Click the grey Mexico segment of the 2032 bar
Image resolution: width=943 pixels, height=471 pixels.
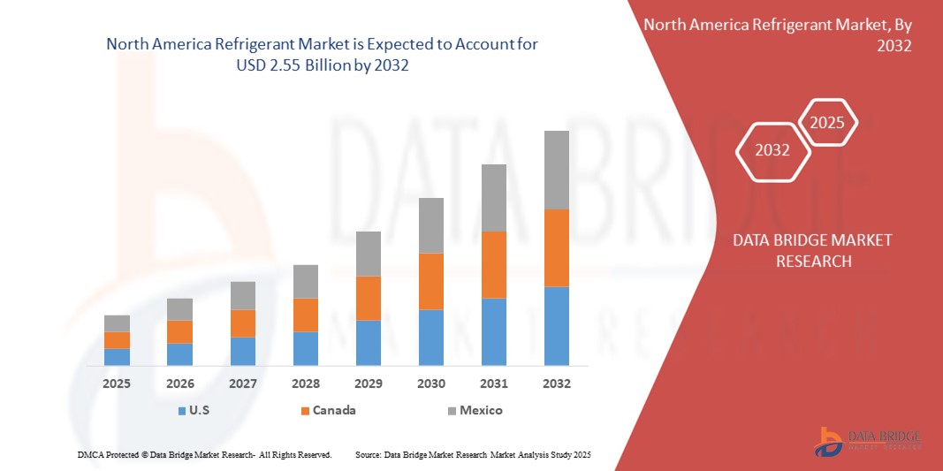[556, 170]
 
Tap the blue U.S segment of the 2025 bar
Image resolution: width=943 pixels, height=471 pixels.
[117, 356]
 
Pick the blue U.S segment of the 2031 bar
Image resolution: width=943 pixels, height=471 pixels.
[493, 331]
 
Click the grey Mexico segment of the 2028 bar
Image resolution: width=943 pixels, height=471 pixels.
[305, 281]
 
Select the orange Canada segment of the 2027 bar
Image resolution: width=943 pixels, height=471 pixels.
[242, 323]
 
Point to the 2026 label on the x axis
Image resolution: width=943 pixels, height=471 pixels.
[179, 384]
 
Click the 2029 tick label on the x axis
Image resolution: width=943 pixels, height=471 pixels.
[368, 384]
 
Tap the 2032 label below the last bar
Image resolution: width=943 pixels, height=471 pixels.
[556, 384]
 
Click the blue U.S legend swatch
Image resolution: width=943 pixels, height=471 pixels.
[182, 411]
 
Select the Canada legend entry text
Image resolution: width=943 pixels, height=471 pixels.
[335, 410]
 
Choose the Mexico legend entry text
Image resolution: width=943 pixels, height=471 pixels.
[481, 410]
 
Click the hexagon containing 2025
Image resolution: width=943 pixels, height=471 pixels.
[827, 123]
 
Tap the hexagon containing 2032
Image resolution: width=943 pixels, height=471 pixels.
[772, 150]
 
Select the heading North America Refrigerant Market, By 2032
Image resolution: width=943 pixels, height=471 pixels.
[777, 34]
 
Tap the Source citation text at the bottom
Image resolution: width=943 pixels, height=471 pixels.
[472, 454]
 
